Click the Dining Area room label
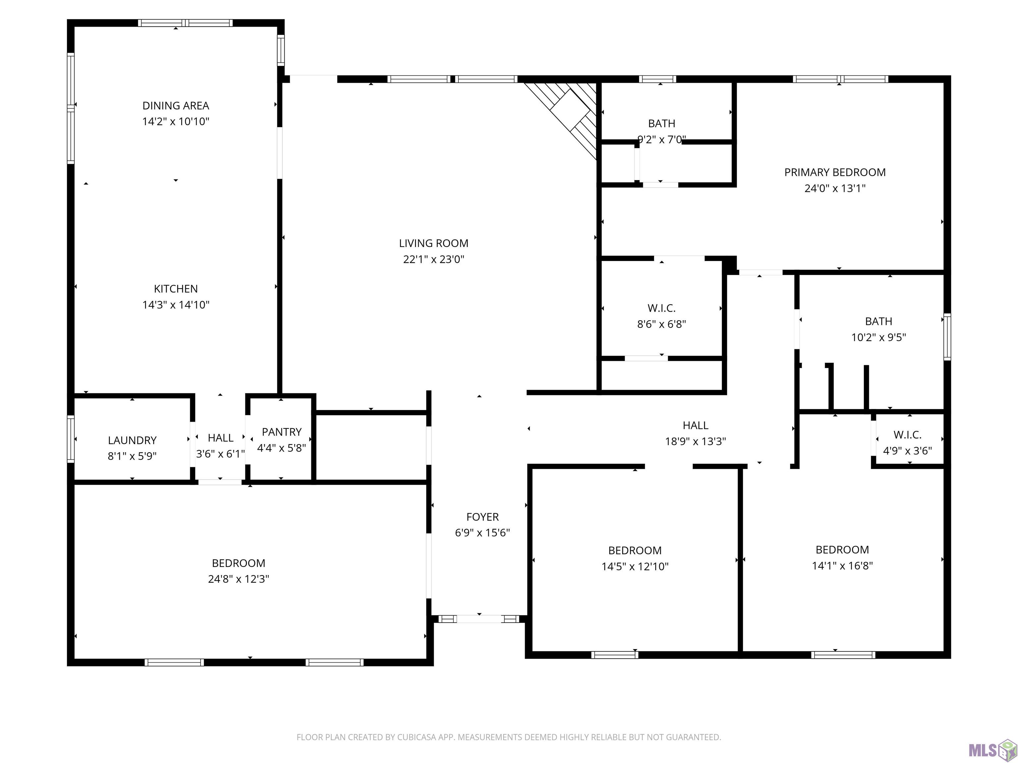[176, 106]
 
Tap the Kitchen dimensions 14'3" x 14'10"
[176, 304]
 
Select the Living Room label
[433, 243]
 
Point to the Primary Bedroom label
[835, 173]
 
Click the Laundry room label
[132, 440]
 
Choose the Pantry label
[282, 432]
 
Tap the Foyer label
[482, 517]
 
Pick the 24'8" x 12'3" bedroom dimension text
[238, 579]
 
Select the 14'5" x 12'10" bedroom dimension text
[635, 566]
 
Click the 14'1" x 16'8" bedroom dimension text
[842, 565]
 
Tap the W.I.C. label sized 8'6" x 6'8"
[662, 308]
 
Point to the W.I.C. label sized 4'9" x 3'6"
[908, 434]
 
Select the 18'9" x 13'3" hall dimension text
[695, 441]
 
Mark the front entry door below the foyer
[479, 619]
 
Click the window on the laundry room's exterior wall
[71, 439]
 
